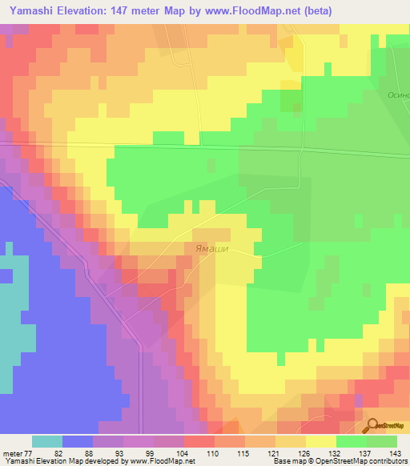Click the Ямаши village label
click(x=211, y=249)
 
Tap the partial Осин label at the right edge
click(x=398, y=94)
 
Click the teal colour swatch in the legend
click(x=47, y=441)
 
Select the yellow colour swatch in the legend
click(x=321, y=441)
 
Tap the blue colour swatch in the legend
click(x=78, y=441)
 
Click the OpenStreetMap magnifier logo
click(x=372, y=424)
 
